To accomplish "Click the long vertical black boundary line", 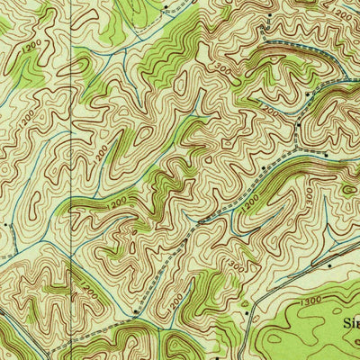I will pyautogui.click(x=71, y=180).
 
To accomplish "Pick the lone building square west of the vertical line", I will pyautogui.click(x=6, y=225).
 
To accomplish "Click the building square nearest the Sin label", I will pyautogui.click(x=329, y=266).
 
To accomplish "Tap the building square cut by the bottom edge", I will pyautogui.click(x=217, y=357).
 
